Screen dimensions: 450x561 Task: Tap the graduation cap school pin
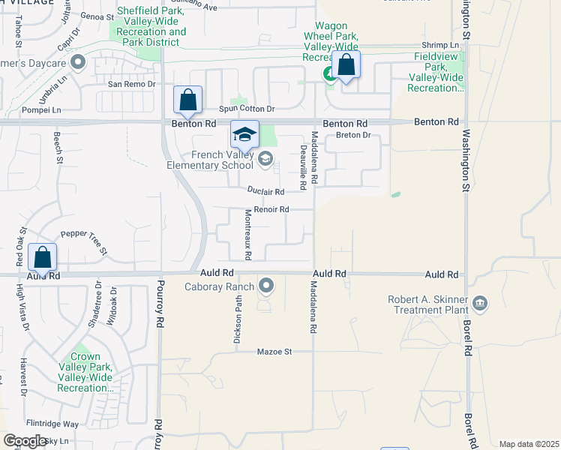tap(244, 135)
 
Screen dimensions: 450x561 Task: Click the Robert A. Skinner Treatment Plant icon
tap(480, 304)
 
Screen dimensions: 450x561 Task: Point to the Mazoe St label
tap(273, 351)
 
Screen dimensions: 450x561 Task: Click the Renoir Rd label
tap(271, 210)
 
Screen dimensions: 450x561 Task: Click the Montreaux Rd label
tap(247, 235)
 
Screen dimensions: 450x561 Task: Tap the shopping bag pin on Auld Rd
tap(43, 258)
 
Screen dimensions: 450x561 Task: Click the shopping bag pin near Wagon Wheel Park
tap(346, 65)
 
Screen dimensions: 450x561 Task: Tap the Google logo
tap(25, 440)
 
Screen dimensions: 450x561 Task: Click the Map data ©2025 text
tap(528, 444)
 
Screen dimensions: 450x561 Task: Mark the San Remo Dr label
tap(132, 85)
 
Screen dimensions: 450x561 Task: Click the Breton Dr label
tap(353, 135)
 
